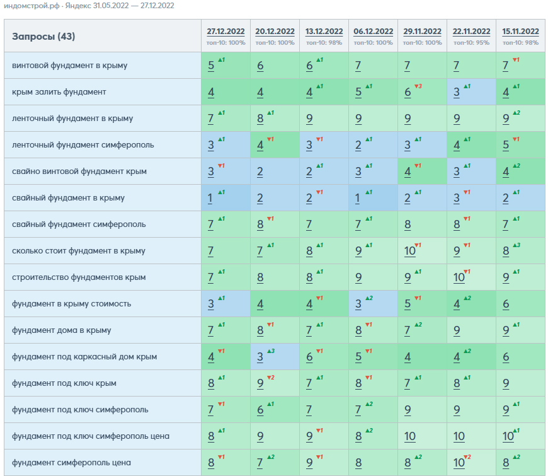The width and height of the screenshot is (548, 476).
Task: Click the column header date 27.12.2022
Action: pyautogui.click(x=225, y=32)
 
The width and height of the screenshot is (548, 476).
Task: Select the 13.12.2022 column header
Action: pyautogui.click(x=324, y=32)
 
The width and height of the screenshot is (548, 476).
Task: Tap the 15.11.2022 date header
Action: pyautogui.click(x=520, y=32)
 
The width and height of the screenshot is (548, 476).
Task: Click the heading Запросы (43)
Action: pyautogui.click(x=43, y=37)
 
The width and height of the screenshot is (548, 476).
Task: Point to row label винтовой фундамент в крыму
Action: pyautogui.click(x=69, y=66)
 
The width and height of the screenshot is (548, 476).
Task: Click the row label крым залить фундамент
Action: pyautogui.click(x=59, y=92)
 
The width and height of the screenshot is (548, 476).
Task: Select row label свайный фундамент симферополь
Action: pyautogui.click(x=79, y=224)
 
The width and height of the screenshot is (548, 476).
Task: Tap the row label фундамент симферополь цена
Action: pyautogui.click(x=71, y=463)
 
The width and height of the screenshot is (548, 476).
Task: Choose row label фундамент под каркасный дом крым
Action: pyautogui.click(x=84, y=357)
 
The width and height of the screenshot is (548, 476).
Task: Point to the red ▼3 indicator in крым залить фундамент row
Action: pyautogui.click(x=418, y=86)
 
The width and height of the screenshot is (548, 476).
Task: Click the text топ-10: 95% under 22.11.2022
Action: pyautogui.click(x=471, y=43)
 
